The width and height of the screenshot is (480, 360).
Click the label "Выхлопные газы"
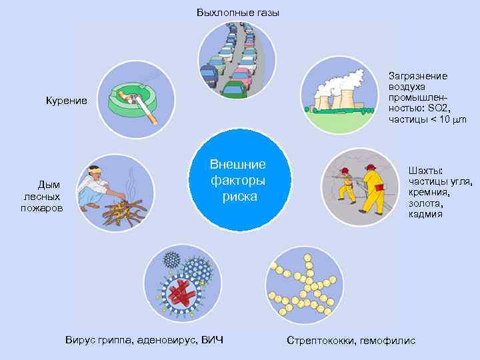[238, 13]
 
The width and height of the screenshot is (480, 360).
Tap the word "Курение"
[66, 100]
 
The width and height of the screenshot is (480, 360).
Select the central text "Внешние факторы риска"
[238, 181]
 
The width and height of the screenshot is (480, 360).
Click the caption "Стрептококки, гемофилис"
[351, 341]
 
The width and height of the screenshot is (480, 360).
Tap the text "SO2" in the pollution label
[437, 108]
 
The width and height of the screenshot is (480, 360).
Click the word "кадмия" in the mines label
[425, 215]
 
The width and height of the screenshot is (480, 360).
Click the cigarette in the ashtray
[143, 106]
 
